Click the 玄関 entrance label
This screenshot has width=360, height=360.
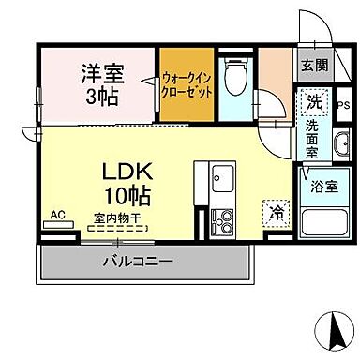tap(313, 65)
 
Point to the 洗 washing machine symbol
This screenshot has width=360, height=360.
tap(311, 100)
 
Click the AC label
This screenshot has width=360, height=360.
tap(57, 215)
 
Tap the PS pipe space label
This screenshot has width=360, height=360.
tap(341, 105)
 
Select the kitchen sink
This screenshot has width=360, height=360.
tap(225, 178)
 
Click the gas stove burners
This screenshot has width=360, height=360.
tap(225, 222)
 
